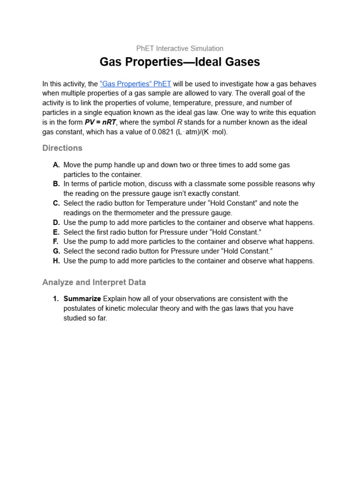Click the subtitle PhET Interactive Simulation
pyautogui.click(x=180, y=48)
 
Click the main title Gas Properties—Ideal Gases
pyautogui.click(x=180, y=62)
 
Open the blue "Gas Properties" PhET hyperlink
pyautogui.click(x=135, y=84)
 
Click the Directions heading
pyautogui.click(x=62, y=148)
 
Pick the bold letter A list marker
pyautogui.click(x=56, y=165)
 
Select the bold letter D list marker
pyautogui.click(x=56, y=223)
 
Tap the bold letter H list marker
pyautogui.click(x=56, y=261)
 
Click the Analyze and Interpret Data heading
pyautogui.click(x=94, y=283)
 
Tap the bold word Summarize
pyautogui.click(x=82, y=299)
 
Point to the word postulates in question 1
pyautogui.click(x=79, y=308)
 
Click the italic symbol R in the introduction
pyautogui.click(x=179, y=122)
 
